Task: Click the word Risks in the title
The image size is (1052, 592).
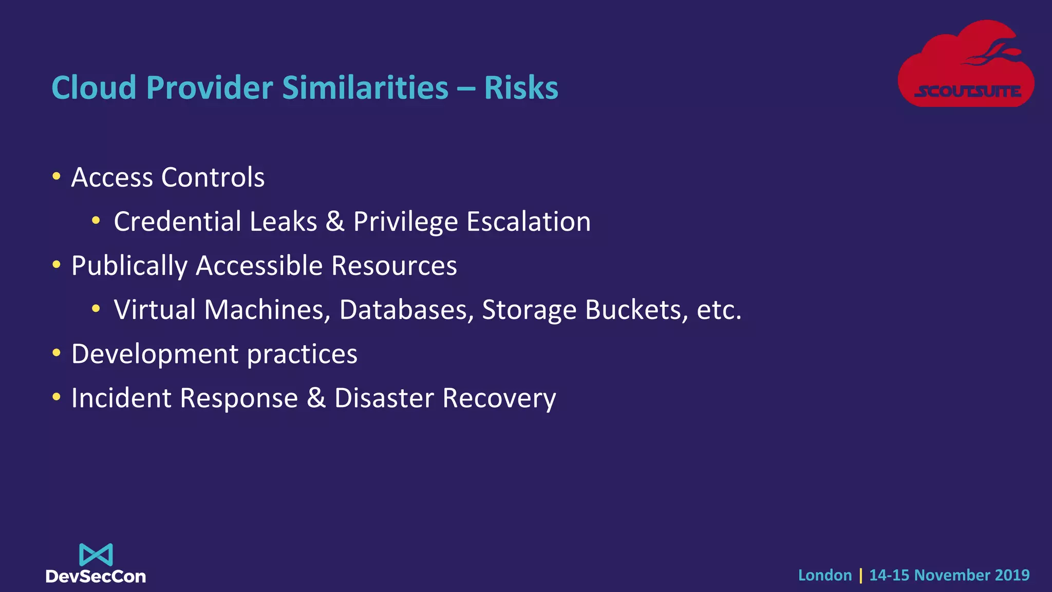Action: tap(521, 88)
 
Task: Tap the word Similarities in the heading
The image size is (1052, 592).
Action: tap(365, 88)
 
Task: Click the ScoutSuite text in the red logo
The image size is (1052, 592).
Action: tap(968, 92)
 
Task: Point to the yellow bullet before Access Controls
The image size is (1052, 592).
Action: tap(57, 177)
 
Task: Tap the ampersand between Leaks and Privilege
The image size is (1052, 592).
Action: tap(335, 221)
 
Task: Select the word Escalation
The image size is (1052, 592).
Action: tap(529, 221)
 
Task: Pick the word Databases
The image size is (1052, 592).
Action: tap(406, 310)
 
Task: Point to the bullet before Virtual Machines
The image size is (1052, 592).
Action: tap(96, 309)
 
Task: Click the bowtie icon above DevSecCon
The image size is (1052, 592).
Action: tap(96, 555)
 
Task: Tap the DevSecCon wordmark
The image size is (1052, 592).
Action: tap(96, 577)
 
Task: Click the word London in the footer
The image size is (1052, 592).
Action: tap(825, 575)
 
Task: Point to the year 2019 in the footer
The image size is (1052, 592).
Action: tap(1011, 575)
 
